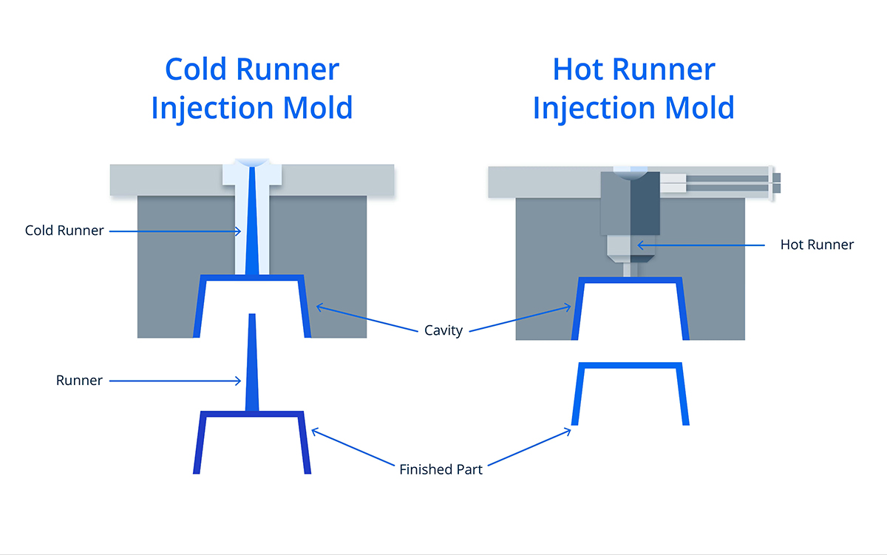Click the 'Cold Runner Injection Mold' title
click(x=251, y=89)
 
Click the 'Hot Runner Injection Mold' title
click(x=633, y=89)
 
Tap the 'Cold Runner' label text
click(x=64, y=231)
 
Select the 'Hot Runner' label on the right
click(x=817, y=245)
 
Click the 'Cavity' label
click(x=443, y=330)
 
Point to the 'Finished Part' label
click(x=441, y=469)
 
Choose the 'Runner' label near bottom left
click(x=79, y=381)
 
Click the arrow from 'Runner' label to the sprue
click(x=177, y=381)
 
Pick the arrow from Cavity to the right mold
click(x=521, y=319)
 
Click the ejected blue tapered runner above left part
click(x=252, y=362)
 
